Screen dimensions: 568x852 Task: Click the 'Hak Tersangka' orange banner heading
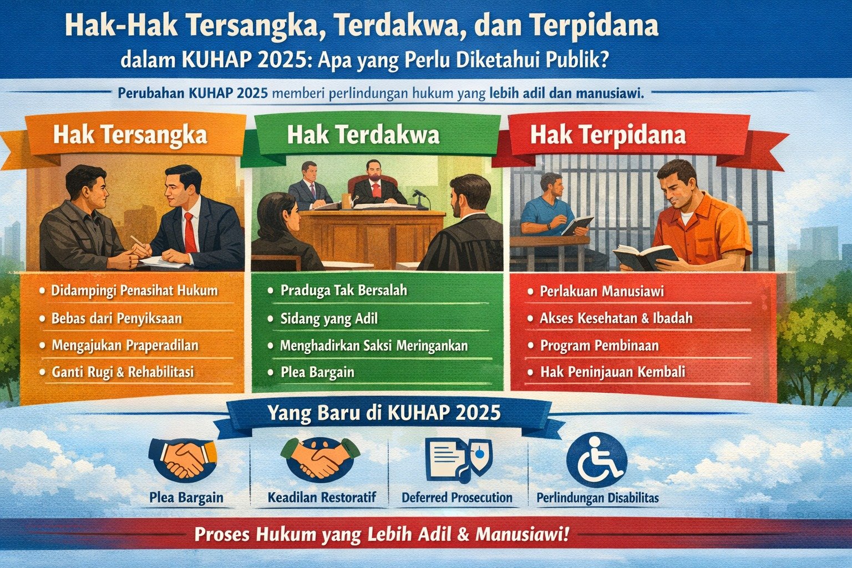[x=130, y=135]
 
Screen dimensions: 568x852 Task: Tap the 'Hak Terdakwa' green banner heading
[x=363, y=135]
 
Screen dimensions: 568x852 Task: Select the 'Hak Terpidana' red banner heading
[x=608, y=135]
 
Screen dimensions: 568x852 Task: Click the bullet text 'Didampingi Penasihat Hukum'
[x=134, y=290]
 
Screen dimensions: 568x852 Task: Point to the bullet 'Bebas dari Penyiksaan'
[x=116, y=318]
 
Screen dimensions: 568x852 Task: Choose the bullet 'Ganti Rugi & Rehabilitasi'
[x=123, y=372]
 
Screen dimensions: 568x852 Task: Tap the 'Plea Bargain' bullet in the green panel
[x=317, y=372]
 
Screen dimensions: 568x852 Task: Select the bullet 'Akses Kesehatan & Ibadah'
[x=616, y=318]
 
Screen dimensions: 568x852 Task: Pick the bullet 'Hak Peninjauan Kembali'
[x=612, y=372]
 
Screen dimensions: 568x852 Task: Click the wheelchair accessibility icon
[x=596, y=460]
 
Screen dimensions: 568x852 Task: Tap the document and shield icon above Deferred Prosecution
[x=458, y=459]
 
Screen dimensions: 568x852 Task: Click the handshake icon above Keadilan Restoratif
[x=320, y=458]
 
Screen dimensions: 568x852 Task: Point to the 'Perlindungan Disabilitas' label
[x=597, y=498]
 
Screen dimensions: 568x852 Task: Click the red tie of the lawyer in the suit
[x=190, y=232]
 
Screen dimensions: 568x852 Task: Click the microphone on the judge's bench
[x=419, y=194]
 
